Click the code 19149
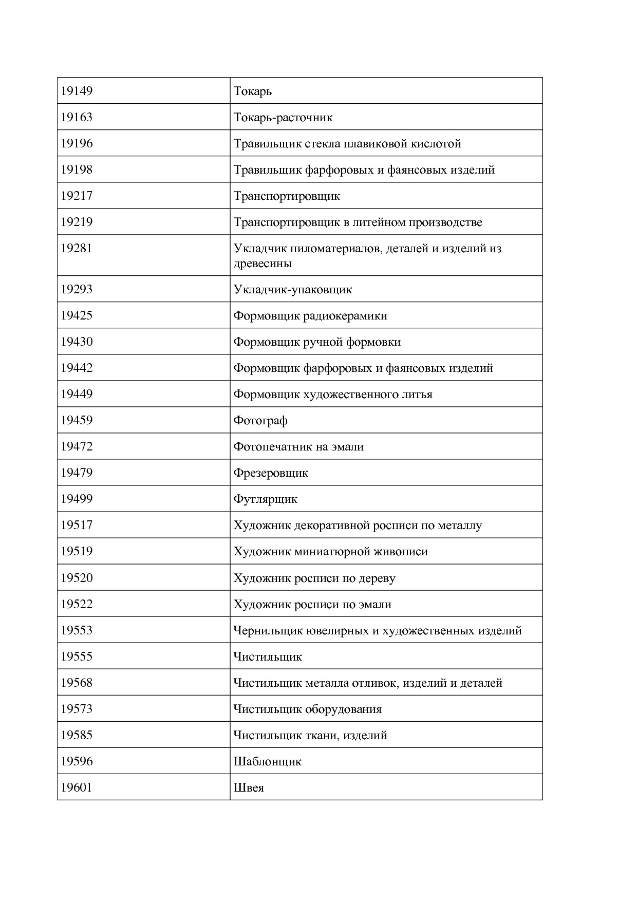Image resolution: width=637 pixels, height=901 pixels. (77, 91)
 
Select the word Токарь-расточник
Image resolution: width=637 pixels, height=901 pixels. (283, 118)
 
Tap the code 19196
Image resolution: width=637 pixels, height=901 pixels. (77, 144)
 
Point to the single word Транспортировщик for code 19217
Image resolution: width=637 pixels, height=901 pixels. (287, 196)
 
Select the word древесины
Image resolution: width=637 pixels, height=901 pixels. (263, 264)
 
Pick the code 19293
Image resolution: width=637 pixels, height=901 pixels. (77, 289)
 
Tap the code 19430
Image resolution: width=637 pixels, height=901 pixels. (77, 342)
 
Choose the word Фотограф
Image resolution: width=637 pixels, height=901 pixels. (260, 421)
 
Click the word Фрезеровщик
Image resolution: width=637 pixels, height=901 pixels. (271, 473)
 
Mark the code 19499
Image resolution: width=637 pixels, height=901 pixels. (77, 499)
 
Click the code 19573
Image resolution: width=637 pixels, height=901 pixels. (77, 709)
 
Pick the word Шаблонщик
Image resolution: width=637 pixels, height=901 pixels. (267, 762)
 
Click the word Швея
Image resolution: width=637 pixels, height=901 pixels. (249, 788)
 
